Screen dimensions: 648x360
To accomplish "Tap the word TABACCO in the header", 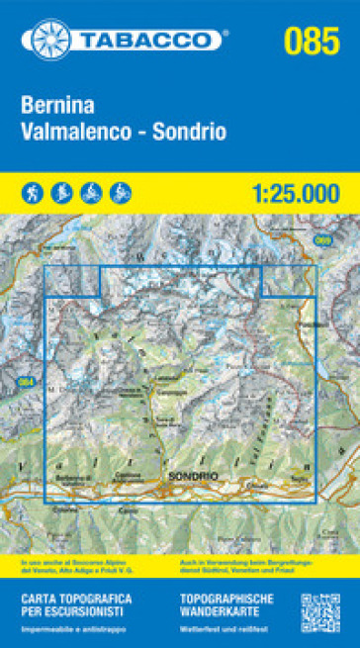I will (147, 40).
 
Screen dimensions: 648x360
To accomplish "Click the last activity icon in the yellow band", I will (119, 189).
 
